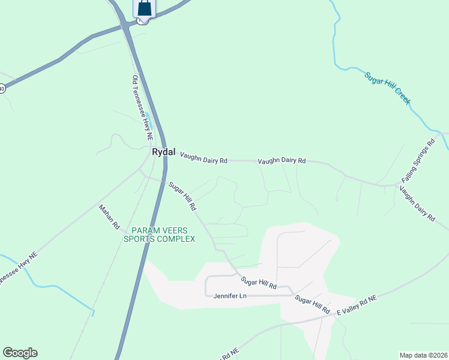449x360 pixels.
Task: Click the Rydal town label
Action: tap(163, 152)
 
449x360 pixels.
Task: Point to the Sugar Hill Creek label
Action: tap(387, 88)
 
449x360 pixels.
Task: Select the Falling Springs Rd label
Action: tap(418, 162)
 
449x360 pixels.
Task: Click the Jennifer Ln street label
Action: tap(230, 296)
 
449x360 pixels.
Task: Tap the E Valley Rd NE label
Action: tap(356, 306)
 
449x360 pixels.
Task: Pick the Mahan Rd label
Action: tap(110, 217)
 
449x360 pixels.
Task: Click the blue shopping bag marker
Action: tap(144, 8)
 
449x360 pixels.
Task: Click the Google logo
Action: tap(20, 353)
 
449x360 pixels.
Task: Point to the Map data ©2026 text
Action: tap(423, 355)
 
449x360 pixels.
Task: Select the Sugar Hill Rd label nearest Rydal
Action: tap(182, 196)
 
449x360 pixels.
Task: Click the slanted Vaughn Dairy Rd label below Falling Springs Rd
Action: tap(417, 203)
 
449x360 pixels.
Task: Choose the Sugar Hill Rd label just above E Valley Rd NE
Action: tap(312, 304)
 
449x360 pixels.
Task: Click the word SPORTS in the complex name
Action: tap(140, 239)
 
